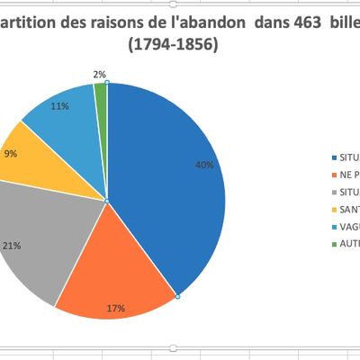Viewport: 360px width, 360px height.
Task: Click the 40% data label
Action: coord(204,165)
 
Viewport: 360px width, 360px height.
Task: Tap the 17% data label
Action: coord(116,309)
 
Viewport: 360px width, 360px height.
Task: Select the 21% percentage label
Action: coord(11,245)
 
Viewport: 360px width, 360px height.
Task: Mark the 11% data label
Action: coord(60,106)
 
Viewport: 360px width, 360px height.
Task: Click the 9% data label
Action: coord(11,153)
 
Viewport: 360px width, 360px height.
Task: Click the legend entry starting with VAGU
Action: coord(346,225)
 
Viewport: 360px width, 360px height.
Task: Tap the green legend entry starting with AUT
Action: coord(346,243)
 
